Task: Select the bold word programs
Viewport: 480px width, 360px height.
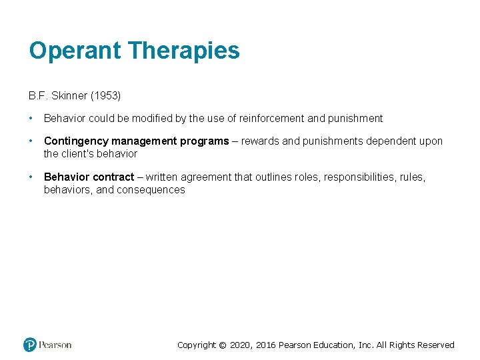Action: pyautogui.click(x=204, y=141)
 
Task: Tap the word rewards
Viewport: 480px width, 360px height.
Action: pyautogui.click(x=260, y=141)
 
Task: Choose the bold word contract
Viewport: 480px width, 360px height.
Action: pyautogui.click(x=113, y=177)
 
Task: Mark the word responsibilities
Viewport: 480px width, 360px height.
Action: pyautogui.click(x=365, y=177)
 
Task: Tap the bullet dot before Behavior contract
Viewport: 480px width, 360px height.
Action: pyautogui.click(x=31, y=177)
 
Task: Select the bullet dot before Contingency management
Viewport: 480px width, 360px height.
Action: pyautogui.click(x=31, y=141)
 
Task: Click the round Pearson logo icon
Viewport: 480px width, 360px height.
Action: pyautogui.click(x=29, y=345)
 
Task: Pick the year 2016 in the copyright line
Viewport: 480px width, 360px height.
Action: pyautogui.click(x=265, y=345)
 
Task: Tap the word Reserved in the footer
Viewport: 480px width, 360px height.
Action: pyautogui.click(x=435, y=345)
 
